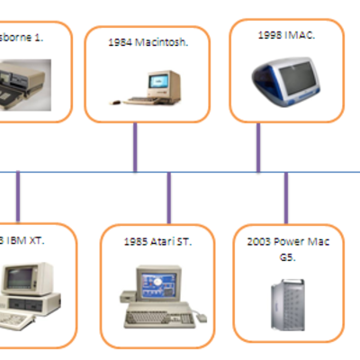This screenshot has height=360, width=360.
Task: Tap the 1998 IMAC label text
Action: [x=285, y=34]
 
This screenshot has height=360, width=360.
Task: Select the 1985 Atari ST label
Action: [x=158, y=241]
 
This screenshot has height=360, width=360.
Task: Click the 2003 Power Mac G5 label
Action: [x=288, y=247]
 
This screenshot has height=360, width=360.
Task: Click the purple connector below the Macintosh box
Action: [x=135, y=147]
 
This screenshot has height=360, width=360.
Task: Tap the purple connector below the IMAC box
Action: [x=259, y=147]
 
